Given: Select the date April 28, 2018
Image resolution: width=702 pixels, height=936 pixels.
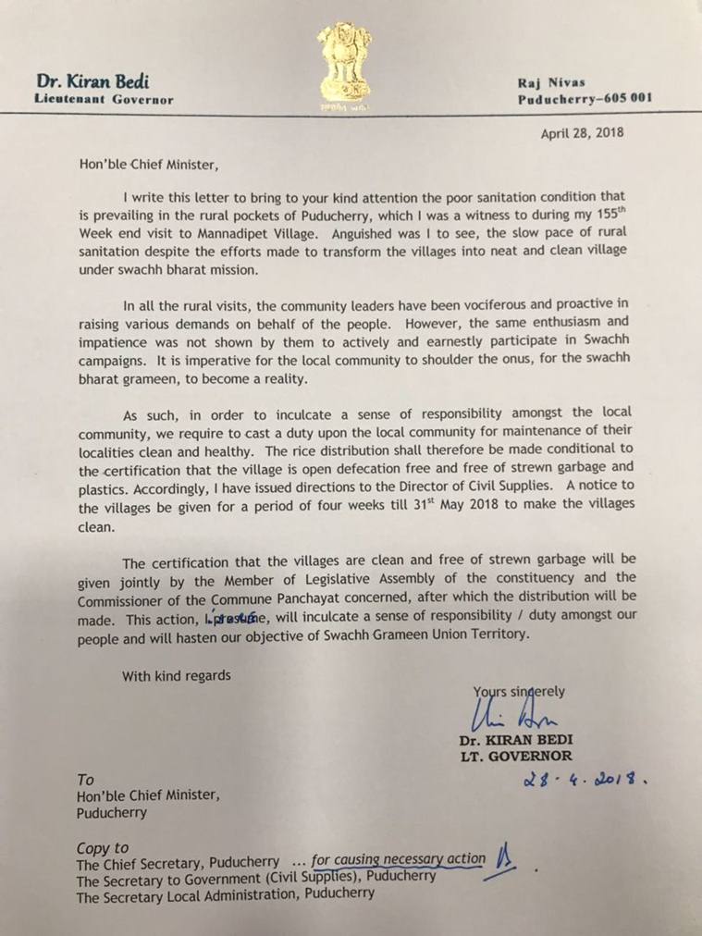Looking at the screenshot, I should (x=582, y=132).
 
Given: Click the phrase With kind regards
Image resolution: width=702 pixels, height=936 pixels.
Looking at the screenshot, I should (x=177, y=676).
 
